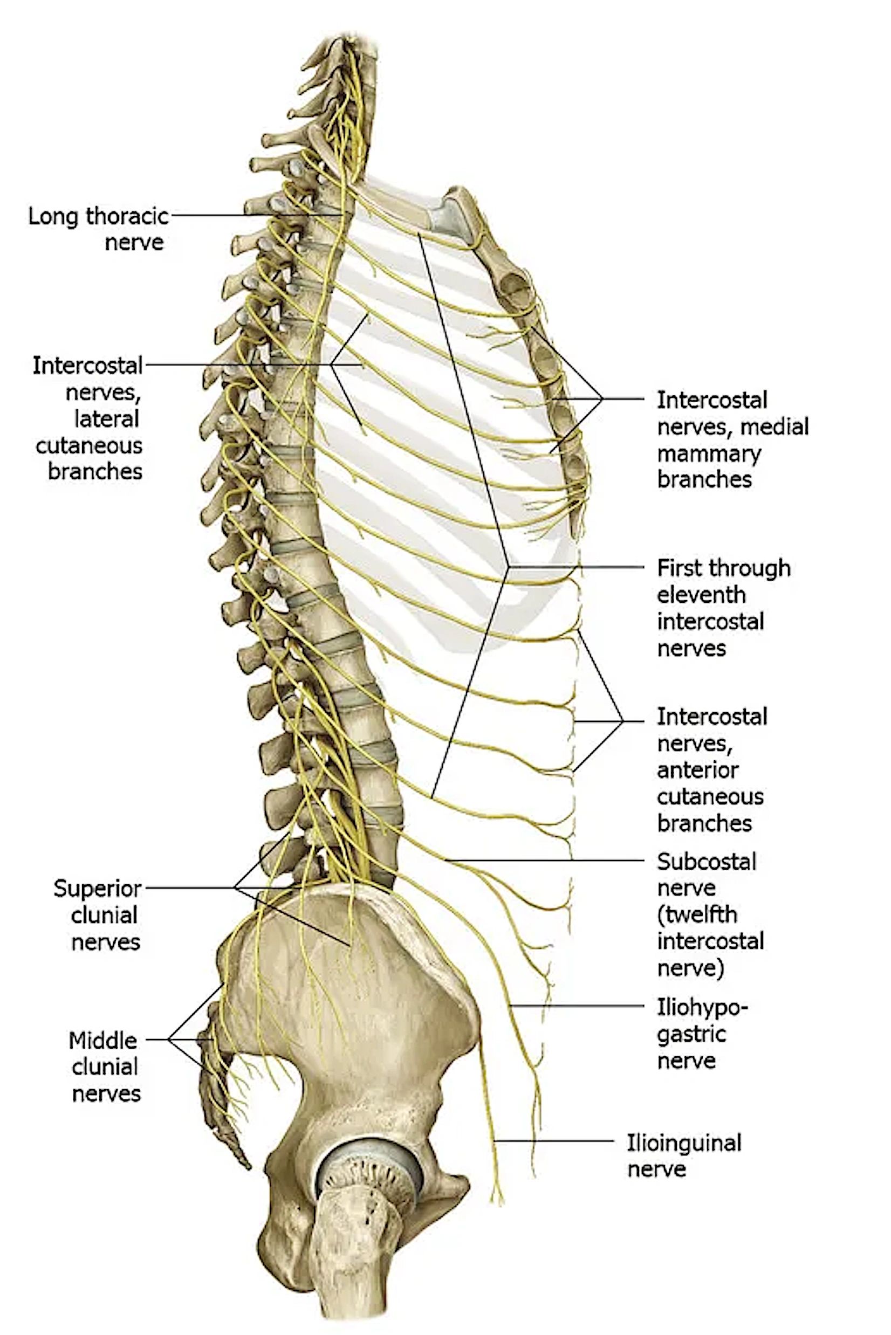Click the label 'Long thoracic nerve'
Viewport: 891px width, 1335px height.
[98, 229]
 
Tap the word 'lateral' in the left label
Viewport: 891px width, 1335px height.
[107, 419]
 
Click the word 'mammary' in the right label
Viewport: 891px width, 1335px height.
[709, 454]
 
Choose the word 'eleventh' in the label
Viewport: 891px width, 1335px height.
[701, 595]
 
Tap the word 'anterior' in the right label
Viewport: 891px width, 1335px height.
[698, 770]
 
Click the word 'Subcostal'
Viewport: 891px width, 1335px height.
[707, 862]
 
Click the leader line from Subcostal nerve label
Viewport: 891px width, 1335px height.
[544, 860]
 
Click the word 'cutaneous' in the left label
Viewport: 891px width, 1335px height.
[88, 445]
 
